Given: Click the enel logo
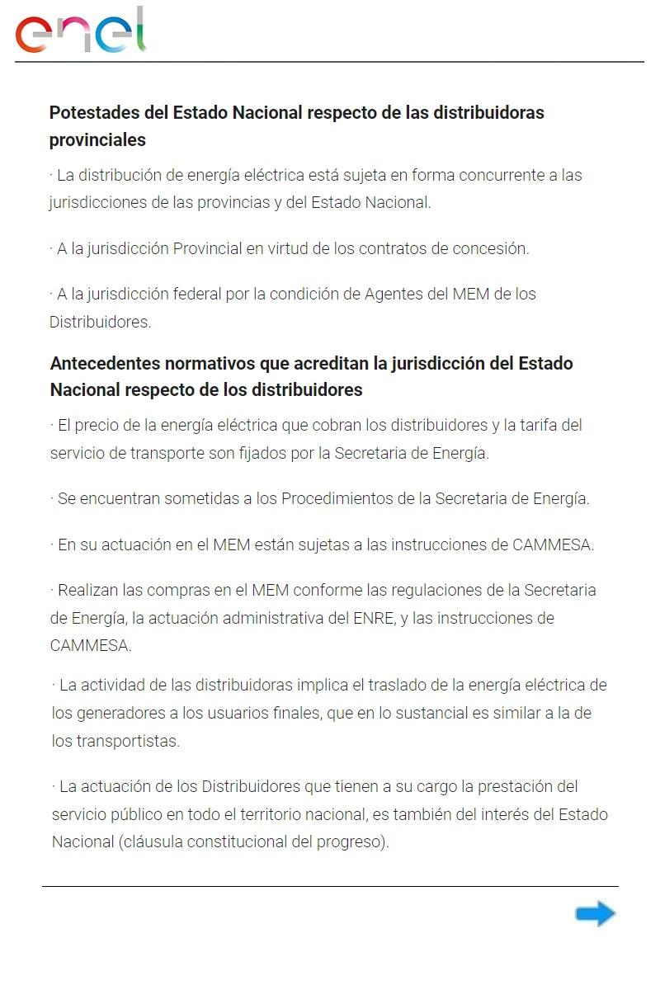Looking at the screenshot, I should click(x=81, y=31).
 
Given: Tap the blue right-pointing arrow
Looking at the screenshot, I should click(x=596, y=913).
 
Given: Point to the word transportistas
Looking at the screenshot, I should click(x=115, y=741).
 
